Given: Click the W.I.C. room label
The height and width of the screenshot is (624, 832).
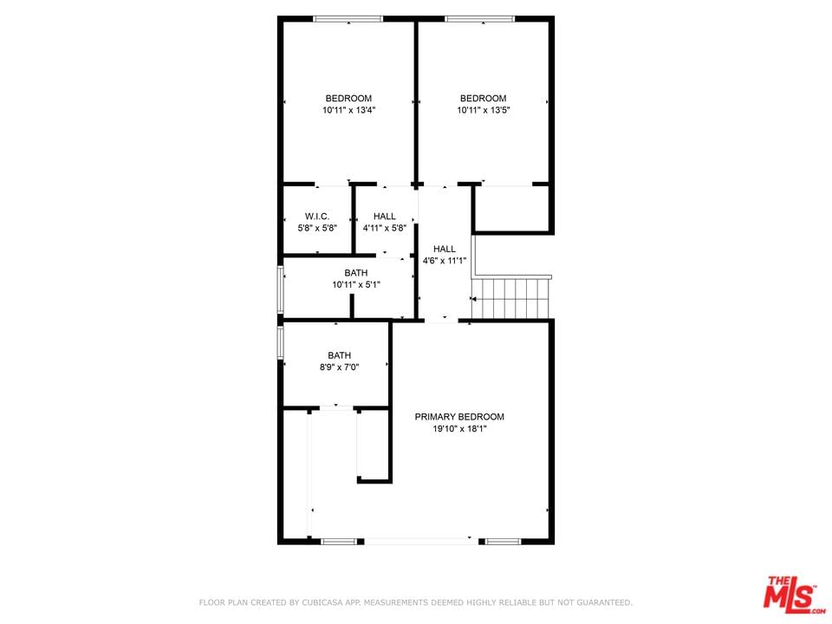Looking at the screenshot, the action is pos(317,217).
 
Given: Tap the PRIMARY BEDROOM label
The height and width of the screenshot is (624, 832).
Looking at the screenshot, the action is pos(459,417).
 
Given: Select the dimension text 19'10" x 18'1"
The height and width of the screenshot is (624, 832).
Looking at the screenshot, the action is pos(459,429).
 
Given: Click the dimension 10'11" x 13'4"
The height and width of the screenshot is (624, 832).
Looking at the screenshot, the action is pos(348,110).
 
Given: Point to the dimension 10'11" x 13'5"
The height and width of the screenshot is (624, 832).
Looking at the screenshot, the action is pos(484,110).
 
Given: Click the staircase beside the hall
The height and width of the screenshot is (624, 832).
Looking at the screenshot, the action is pos(511,297).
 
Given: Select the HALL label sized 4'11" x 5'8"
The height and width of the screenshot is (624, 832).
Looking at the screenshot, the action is pos(384,217).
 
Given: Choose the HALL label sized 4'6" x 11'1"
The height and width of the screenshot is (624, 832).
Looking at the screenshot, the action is pos(444,249).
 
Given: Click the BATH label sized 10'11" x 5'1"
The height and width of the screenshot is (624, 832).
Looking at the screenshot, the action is pos(356,273).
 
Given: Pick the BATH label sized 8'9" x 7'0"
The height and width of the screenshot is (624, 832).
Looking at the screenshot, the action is pos(339,355).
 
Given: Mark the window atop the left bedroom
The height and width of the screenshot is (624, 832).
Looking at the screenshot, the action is pos(348,19).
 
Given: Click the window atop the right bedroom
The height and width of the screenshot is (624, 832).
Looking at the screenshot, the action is pos(480,19).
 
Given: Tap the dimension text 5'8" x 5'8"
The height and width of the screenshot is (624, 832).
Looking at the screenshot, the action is pos(317,228).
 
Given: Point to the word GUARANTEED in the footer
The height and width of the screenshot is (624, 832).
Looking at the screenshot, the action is pos(604,603).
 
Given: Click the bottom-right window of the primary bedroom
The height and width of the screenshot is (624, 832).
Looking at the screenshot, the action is pos(504,542).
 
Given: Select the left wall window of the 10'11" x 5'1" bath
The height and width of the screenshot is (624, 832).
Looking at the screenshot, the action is pos(281,289).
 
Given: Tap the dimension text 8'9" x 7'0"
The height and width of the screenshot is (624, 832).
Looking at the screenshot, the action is pos(339,367).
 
